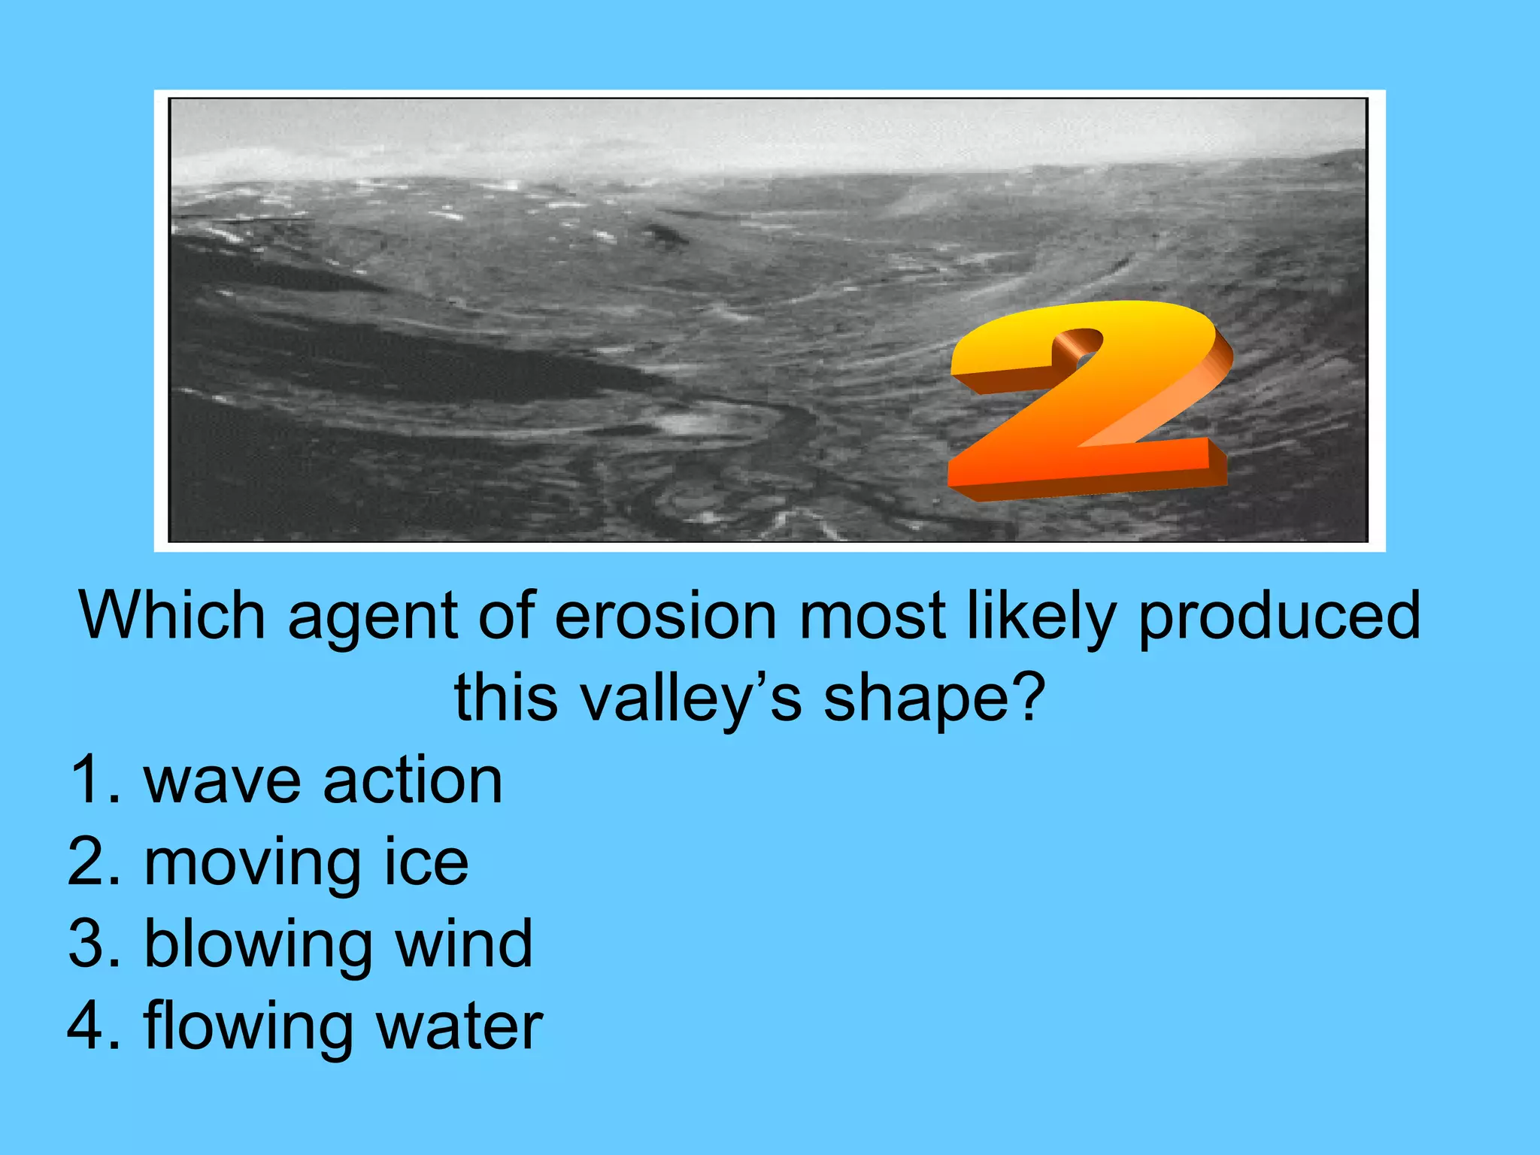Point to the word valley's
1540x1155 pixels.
coord(692,698)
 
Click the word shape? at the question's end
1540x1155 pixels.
coord(934,698)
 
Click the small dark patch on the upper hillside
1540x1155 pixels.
coord(665,235)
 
